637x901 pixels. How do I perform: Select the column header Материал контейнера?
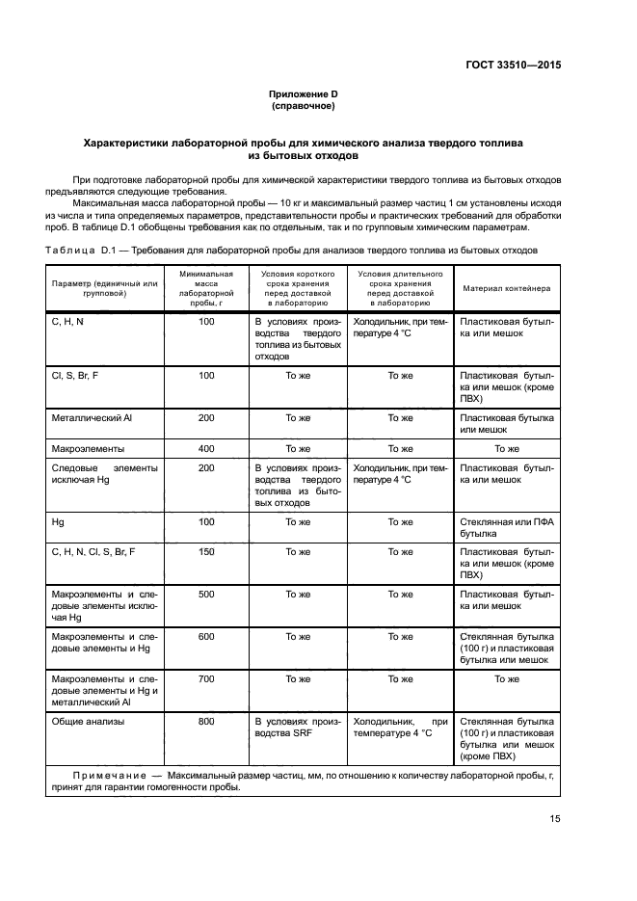tap(506, 287)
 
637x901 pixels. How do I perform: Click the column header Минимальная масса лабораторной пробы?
tap(206, 287)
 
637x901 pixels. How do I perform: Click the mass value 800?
tap(206, 720)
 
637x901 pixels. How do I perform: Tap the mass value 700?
tap(206, 678)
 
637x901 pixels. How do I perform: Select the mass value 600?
tap(206, 636)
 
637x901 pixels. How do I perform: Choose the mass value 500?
tap(206, 595)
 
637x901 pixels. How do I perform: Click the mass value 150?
tap(206, 551)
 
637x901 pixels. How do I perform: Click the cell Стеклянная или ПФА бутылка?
tap(506, 527)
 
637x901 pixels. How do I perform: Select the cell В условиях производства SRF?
tap(297, 727)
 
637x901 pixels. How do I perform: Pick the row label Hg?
tap(57, 521)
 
